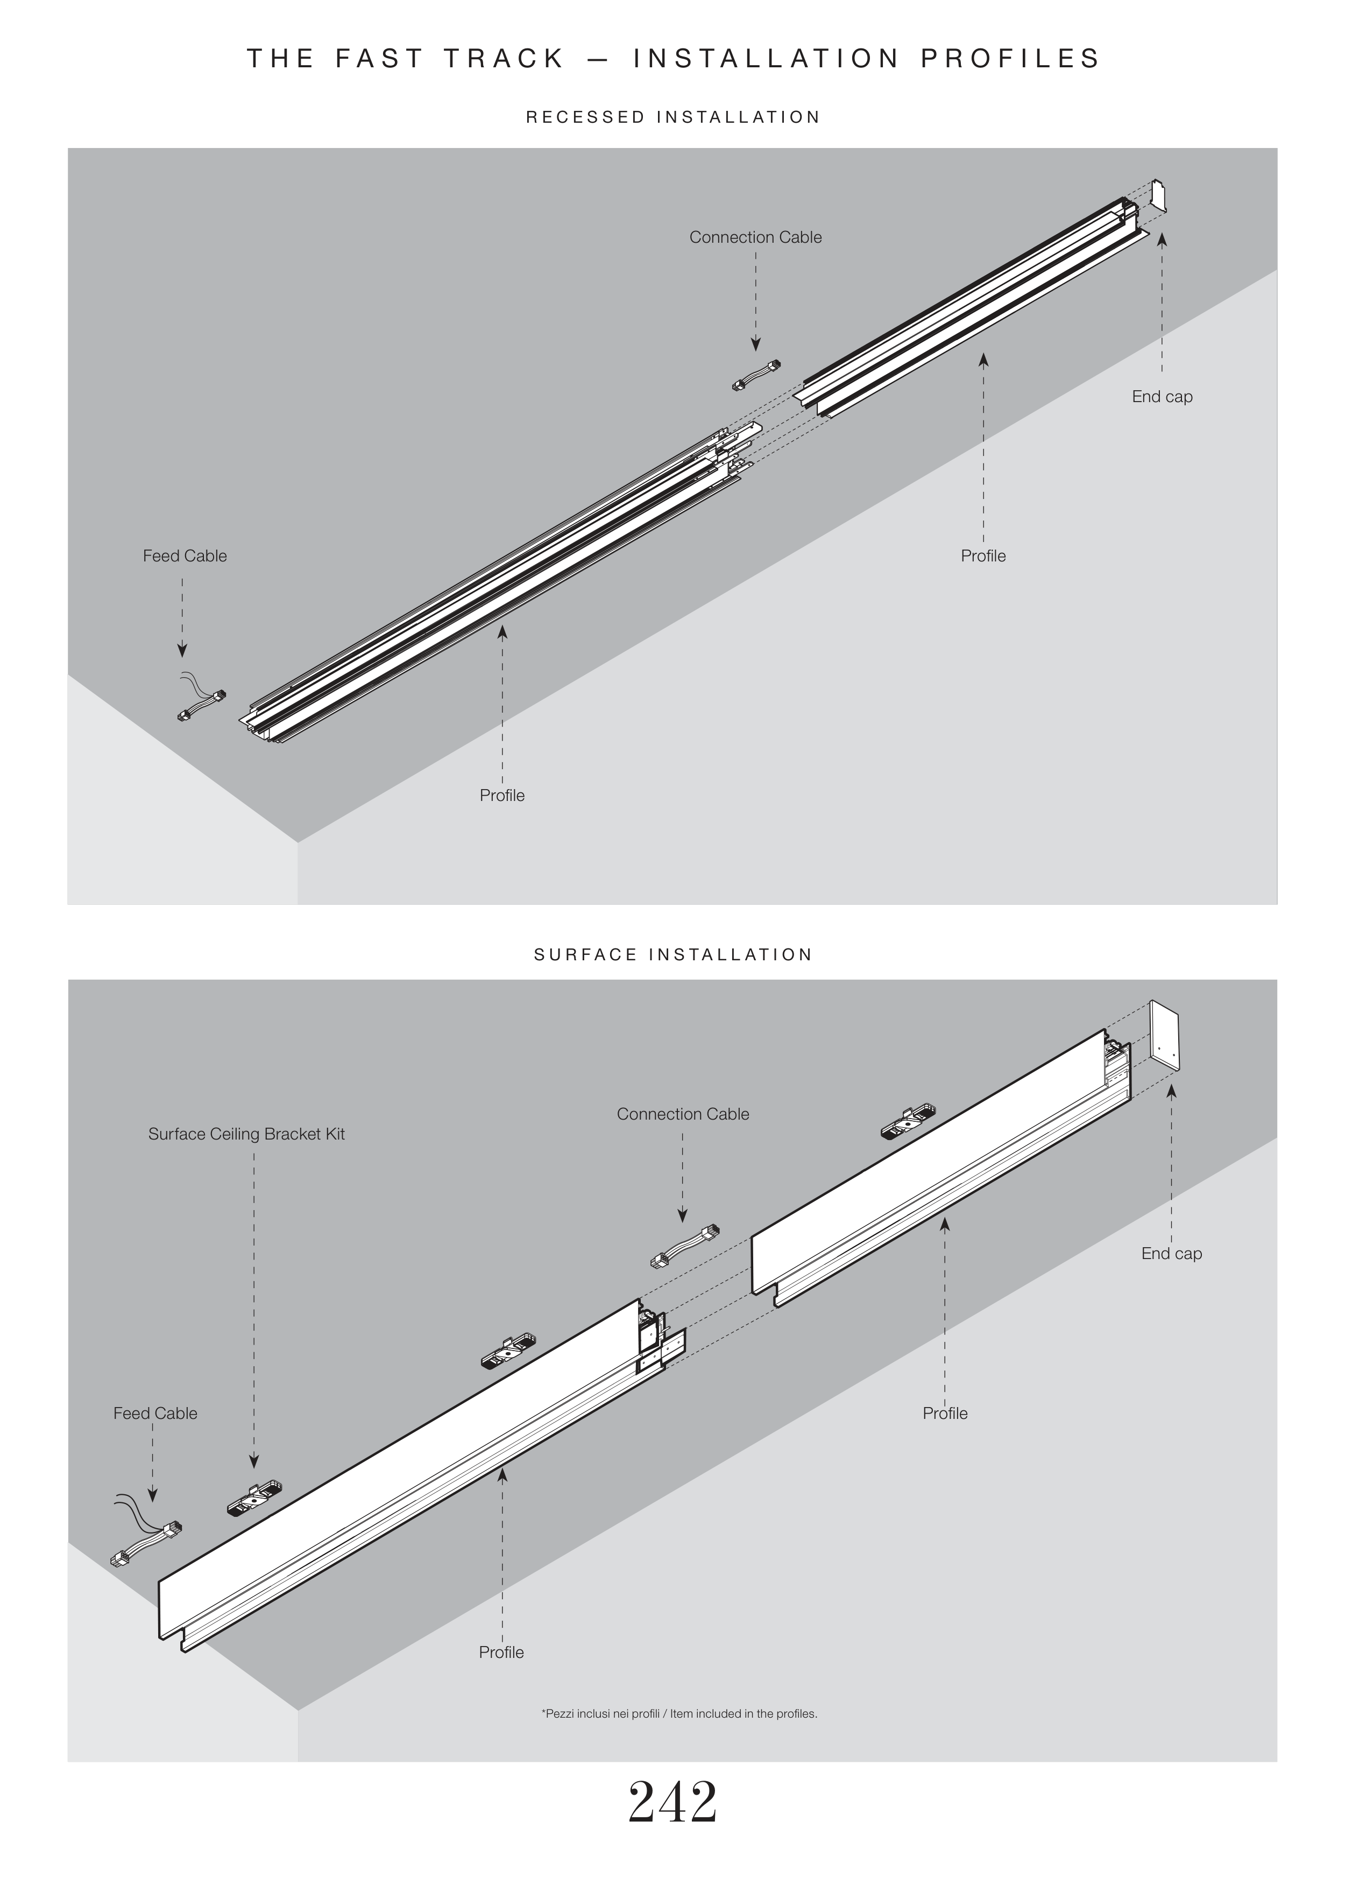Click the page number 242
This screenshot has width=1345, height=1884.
(x=672, y=1803)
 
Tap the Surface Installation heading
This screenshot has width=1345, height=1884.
(x=672, y=954)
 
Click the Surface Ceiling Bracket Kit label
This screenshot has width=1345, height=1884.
(x=246, y=1134)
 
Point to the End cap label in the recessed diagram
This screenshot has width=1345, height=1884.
(x=1162, y=397)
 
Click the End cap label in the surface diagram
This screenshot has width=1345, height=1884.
(x=1171, y=1254)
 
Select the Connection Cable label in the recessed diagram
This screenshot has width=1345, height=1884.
(x=755, y=238)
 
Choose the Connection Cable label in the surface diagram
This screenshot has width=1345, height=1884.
(x=682, y=1114)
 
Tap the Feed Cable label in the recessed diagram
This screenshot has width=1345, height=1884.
(x=185, y=556)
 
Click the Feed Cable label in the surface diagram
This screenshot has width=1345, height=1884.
(x=155, y=1414)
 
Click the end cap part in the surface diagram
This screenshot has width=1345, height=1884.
(x=1164, y=1036)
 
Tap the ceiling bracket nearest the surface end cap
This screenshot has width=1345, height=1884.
(x=909, y=1121)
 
